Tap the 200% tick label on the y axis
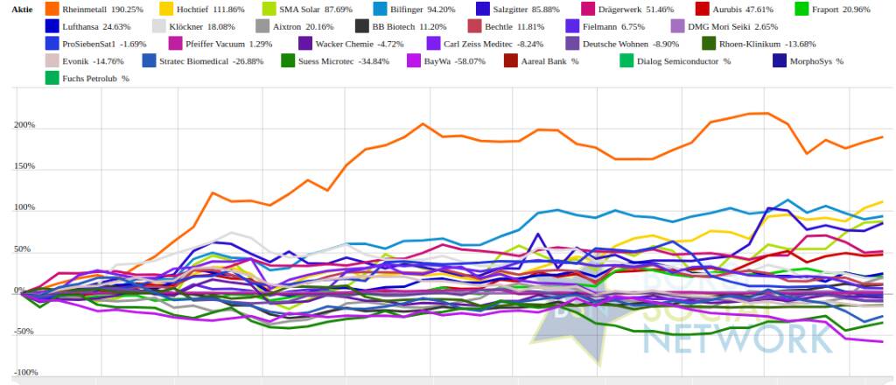click(x=24, y=125)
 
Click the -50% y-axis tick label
click(x=24, y=332)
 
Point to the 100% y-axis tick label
click(x=24, y=208)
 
